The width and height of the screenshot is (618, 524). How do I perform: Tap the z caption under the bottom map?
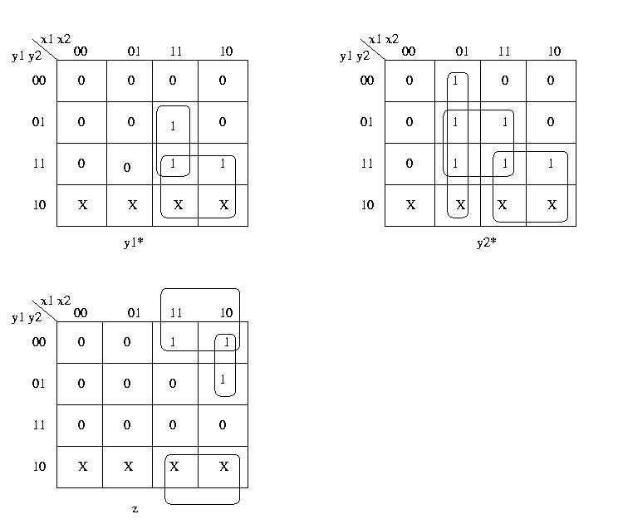pos(135,508)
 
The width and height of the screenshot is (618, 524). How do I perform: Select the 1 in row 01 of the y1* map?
pos(173,126)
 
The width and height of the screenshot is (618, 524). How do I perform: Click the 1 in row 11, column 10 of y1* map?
pos(223,164)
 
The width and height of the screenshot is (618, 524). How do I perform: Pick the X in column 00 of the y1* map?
pos(82,204)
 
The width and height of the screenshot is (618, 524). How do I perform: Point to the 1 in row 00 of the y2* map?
pos(455,81)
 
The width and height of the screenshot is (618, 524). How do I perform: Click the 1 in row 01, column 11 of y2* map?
pos(504,122)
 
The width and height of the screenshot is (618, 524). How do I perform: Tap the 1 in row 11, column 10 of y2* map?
pos(552,164)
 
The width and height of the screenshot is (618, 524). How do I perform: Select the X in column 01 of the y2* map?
pos(461,204)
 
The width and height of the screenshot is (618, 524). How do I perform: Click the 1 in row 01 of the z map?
pos(223,380)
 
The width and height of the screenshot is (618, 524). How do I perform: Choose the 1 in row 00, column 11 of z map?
pos(173,342)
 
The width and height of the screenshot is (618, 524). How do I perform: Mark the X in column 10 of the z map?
pos(223,467)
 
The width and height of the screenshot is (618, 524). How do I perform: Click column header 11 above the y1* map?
pos(176,51)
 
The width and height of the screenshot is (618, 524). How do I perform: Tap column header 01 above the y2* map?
pos(462,51)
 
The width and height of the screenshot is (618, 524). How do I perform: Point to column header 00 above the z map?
pos(80,313)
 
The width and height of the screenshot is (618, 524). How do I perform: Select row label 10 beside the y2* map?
pos(367,204)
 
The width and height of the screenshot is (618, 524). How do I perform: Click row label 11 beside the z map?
pos(39,425)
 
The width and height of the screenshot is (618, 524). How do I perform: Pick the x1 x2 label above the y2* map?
pos(384,39)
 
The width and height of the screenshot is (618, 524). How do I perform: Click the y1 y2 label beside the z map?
pos(27,318)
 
